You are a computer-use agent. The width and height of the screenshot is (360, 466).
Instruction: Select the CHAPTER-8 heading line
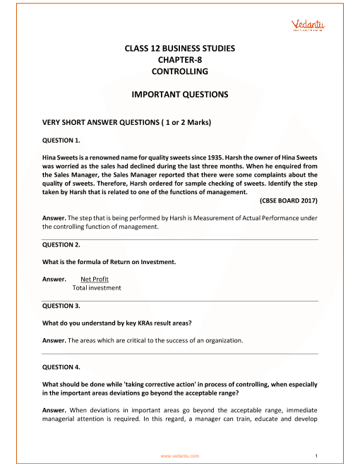click(x=179, y=60)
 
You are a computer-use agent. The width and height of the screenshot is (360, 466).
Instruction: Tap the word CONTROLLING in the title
click(x=179, y=71)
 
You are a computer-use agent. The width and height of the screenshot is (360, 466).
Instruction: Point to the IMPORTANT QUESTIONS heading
click(x=179, y=93)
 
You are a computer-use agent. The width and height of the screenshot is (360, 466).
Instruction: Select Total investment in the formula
click(x=97, y=287)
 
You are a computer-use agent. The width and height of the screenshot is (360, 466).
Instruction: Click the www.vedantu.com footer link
click(x=180, y=456)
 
